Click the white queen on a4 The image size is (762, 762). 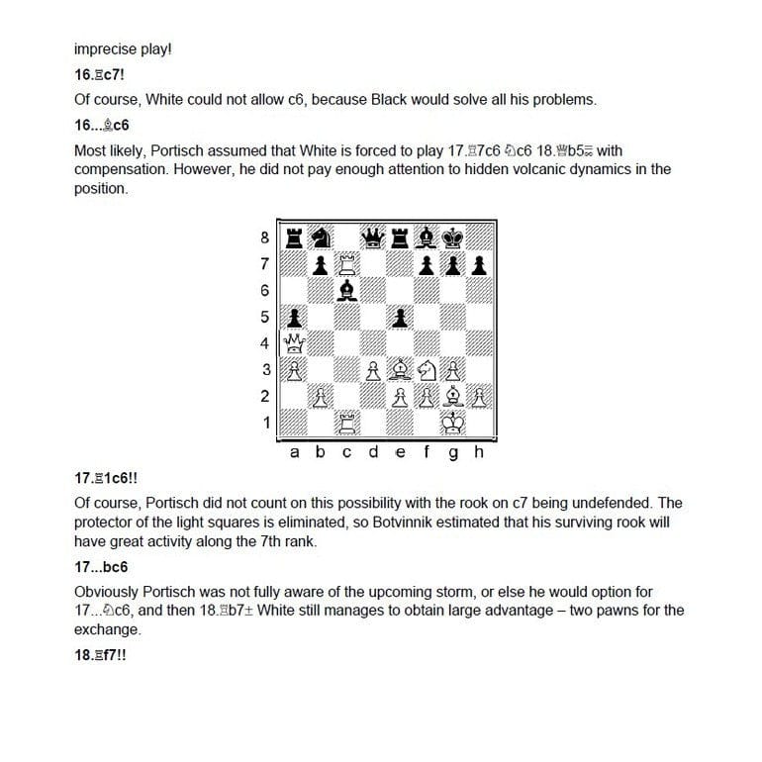[x=294, y=344]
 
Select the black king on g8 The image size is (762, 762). [x=454, y=238]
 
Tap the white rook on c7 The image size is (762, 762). [x=347, y=264]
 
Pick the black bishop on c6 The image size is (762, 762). [x=347, y=291]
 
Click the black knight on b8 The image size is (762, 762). [x=321, y=238]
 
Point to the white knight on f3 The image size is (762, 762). [x=428, y=371]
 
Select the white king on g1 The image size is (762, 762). [x=454, y=424]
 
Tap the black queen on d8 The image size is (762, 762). [x=374, y=238]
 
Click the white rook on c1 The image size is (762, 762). [x=347, y=424]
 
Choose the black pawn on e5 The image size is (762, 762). [x=401, y=318]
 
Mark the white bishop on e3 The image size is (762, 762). [x=401, y=371]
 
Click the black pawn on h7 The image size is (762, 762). [x=481, y=264]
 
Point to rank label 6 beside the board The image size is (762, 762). [x=264, y=291]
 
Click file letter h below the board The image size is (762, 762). [x=480, y=452]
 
